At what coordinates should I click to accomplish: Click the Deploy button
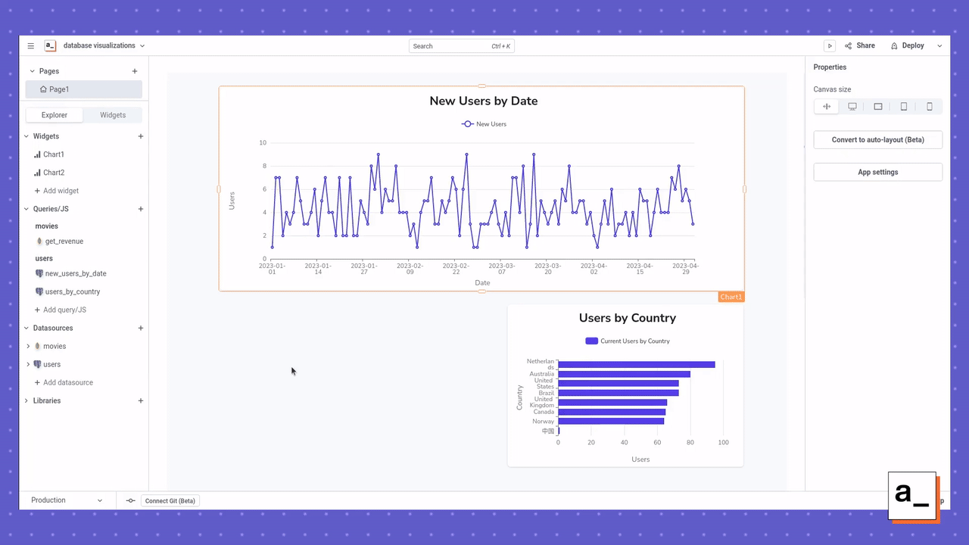[908, 45]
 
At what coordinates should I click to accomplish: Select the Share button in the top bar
[860, 45]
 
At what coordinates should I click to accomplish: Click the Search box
[461, 46]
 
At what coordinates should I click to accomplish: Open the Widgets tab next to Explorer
[113, 115]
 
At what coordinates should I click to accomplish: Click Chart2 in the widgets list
[53, 173]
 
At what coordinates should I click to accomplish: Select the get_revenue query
[64, 241]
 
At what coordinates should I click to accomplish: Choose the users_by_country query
[72, 291]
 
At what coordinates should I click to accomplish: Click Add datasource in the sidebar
[67, 382]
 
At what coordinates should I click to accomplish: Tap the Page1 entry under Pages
[58, 89]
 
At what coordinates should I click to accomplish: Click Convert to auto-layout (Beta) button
[877, 140]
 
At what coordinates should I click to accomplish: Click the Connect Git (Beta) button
[170, 500]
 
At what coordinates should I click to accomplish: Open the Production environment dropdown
[67, 500]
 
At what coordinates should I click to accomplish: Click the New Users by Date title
[483, 101]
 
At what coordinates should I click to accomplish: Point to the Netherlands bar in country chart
[636, 365]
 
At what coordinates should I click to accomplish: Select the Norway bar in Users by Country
[610, 421]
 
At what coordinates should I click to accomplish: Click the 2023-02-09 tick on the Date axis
[410, 268]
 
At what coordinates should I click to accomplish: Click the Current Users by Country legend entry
[628, 341]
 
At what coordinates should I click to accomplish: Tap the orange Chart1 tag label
[731, 297]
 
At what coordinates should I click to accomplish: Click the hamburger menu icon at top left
[31, 46]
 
